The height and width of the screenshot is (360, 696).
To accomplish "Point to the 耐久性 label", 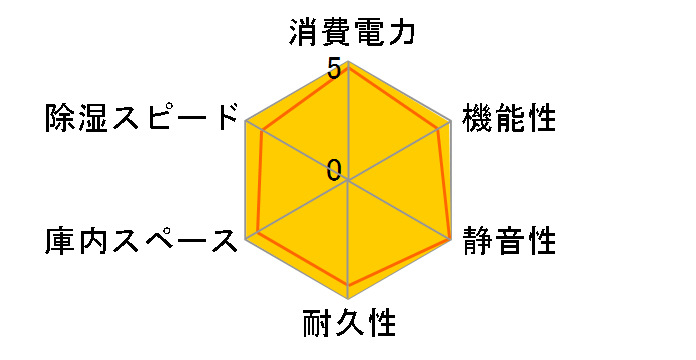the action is [x=349, y=325].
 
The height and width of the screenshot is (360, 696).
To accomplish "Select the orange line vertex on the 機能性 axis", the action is [x=439, y=129].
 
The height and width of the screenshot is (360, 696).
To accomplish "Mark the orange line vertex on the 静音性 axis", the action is [x=449, y=239].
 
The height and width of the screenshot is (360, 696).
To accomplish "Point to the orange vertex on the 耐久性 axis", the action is [x=348, y=287].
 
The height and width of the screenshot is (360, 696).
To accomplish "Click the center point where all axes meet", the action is [x=348, y=181].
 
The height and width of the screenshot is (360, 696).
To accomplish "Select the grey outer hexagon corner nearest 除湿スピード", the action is [x=246, y=122].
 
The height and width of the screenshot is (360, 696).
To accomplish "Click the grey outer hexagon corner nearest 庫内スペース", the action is [x=246, y=240].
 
